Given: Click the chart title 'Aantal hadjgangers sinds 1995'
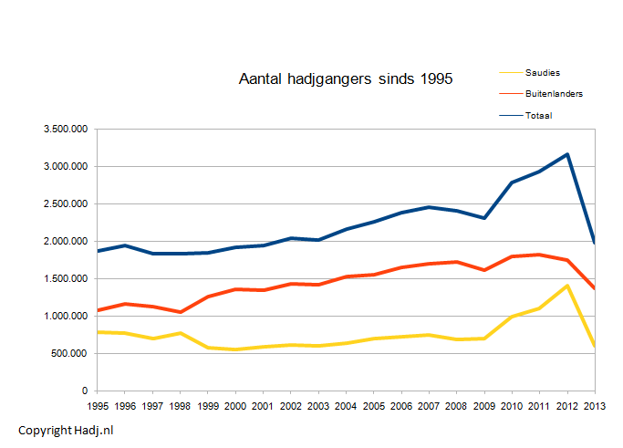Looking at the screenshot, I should click(x=345, y=80).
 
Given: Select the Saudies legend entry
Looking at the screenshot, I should click(x=542, y=72).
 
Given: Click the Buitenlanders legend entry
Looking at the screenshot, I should click(x=554, y=94).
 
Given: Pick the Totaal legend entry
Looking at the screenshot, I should click(x=538, y=115).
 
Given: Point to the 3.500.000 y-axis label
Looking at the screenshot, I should click(x=66, y=130).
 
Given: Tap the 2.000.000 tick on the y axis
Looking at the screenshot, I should click(x=66, y=242).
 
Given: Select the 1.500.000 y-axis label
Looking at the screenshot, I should click(x=66, y=279).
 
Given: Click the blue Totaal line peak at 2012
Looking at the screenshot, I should click(x=567, y=154).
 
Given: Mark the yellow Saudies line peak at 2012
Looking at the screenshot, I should click(x=567, y=286).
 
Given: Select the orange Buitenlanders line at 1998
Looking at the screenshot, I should click(x=182, y=312).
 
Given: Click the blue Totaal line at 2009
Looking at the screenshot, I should click(x=484, y=218).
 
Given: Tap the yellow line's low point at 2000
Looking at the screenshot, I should click(x=236, y=349).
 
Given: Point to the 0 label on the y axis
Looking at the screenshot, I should click(x=84, y=391).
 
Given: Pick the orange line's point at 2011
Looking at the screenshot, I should click(x=540, y=255).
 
